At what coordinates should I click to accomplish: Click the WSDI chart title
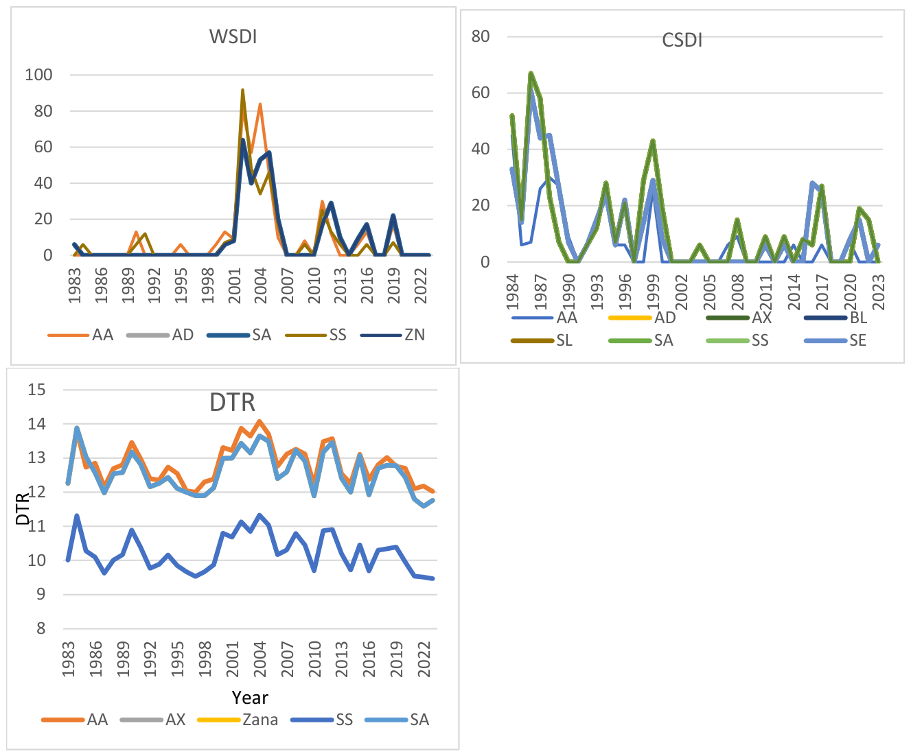point(233,36)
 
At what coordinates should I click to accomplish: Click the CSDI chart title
point(682,40)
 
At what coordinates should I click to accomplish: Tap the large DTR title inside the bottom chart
point(232,402)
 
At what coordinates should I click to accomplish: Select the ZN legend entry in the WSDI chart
point(393,335)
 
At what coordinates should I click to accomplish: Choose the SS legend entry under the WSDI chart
point(316,335)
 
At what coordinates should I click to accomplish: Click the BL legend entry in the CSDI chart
point(836,318)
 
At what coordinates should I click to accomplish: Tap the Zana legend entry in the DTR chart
point(238,720)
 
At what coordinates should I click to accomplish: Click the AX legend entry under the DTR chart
point(152,720)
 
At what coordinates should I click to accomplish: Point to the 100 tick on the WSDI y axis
point(38,75)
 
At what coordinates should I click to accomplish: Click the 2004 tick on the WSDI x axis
point(260,285)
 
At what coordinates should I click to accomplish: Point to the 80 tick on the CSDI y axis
point(481,36)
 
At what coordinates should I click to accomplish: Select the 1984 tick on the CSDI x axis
point(512,292)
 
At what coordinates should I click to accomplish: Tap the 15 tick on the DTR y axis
point(36,390)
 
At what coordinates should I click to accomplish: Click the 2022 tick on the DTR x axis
point(424,659)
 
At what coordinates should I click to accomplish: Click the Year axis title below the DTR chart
point(250,698)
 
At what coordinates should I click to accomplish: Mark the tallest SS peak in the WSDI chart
point(242,90)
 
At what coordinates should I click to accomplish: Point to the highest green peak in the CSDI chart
point(531,73)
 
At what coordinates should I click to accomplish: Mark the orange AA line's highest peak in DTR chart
point(260,421)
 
